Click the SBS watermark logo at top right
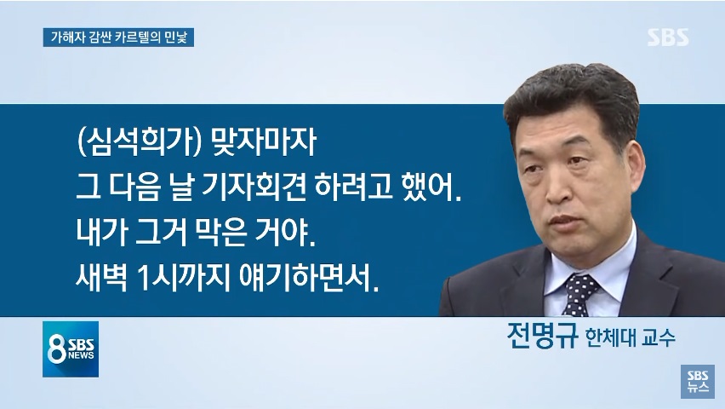click(x=667, y=37)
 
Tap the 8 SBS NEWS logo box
click(x=71, y=349)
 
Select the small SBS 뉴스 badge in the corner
click(x=697, y=381)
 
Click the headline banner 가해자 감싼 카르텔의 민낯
click(x=118, y=37)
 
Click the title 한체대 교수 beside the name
click(x=631, y=337)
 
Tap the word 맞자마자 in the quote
click(x=264, y=141)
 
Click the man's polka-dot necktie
click(x=579, y=294)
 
